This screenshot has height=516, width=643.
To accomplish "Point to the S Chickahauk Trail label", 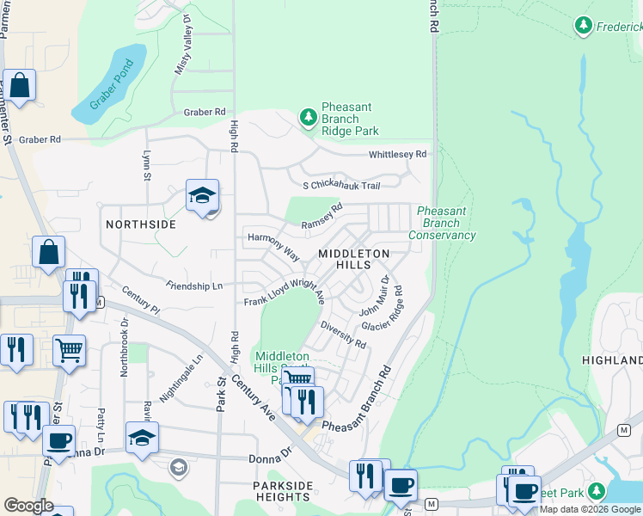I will [x=341, y=185].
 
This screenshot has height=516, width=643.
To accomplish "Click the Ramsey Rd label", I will [x=322, y=216].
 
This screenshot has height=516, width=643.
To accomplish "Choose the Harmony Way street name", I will [x=273, y=245].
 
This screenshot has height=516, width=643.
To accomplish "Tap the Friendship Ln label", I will [x=194, y=286].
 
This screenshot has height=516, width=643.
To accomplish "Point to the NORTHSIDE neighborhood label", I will [x=140, y=224].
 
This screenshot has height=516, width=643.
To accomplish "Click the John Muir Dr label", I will [x=374, y=297].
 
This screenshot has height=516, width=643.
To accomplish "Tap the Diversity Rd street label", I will [x=343, y=335].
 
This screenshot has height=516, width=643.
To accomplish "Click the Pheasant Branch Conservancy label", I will [x=442, y=223].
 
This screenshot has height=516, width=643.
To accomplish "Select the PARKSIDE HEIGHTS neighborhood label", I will [x=282, y=491].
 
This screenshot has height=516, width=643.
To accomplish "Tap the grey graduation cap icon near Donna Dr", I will [x=179, y=468].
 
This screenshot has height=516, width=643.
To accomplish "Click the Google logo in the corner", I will [x=28, y=506].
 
